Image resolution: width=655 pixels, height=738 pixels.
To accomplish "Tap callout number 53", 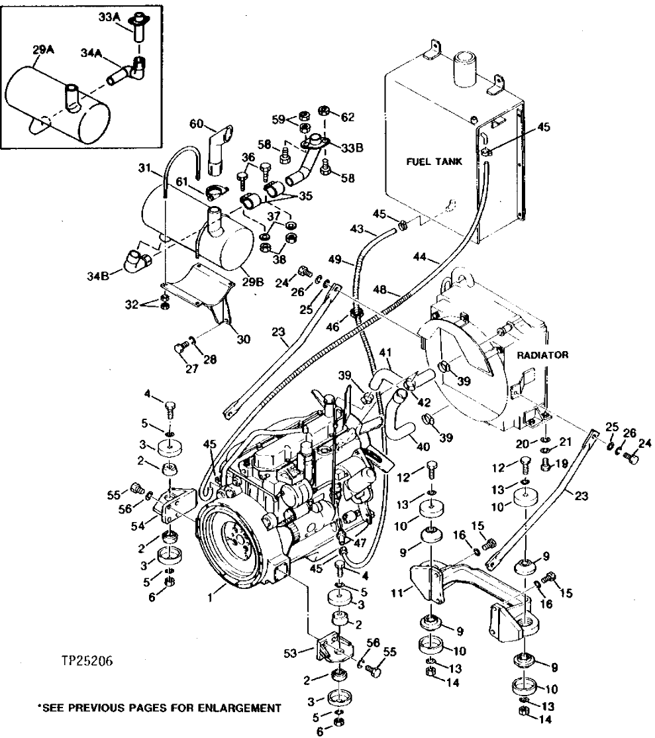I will pyautogui.click(x=291, y=653).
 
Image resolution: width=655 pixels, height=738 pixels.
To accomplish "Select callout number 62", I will pyautogui.click(x=348, y=117).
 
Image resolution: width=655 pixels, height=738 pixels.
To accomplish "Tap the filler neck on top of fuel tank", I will pyautogui.click(x=461, y=67).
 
